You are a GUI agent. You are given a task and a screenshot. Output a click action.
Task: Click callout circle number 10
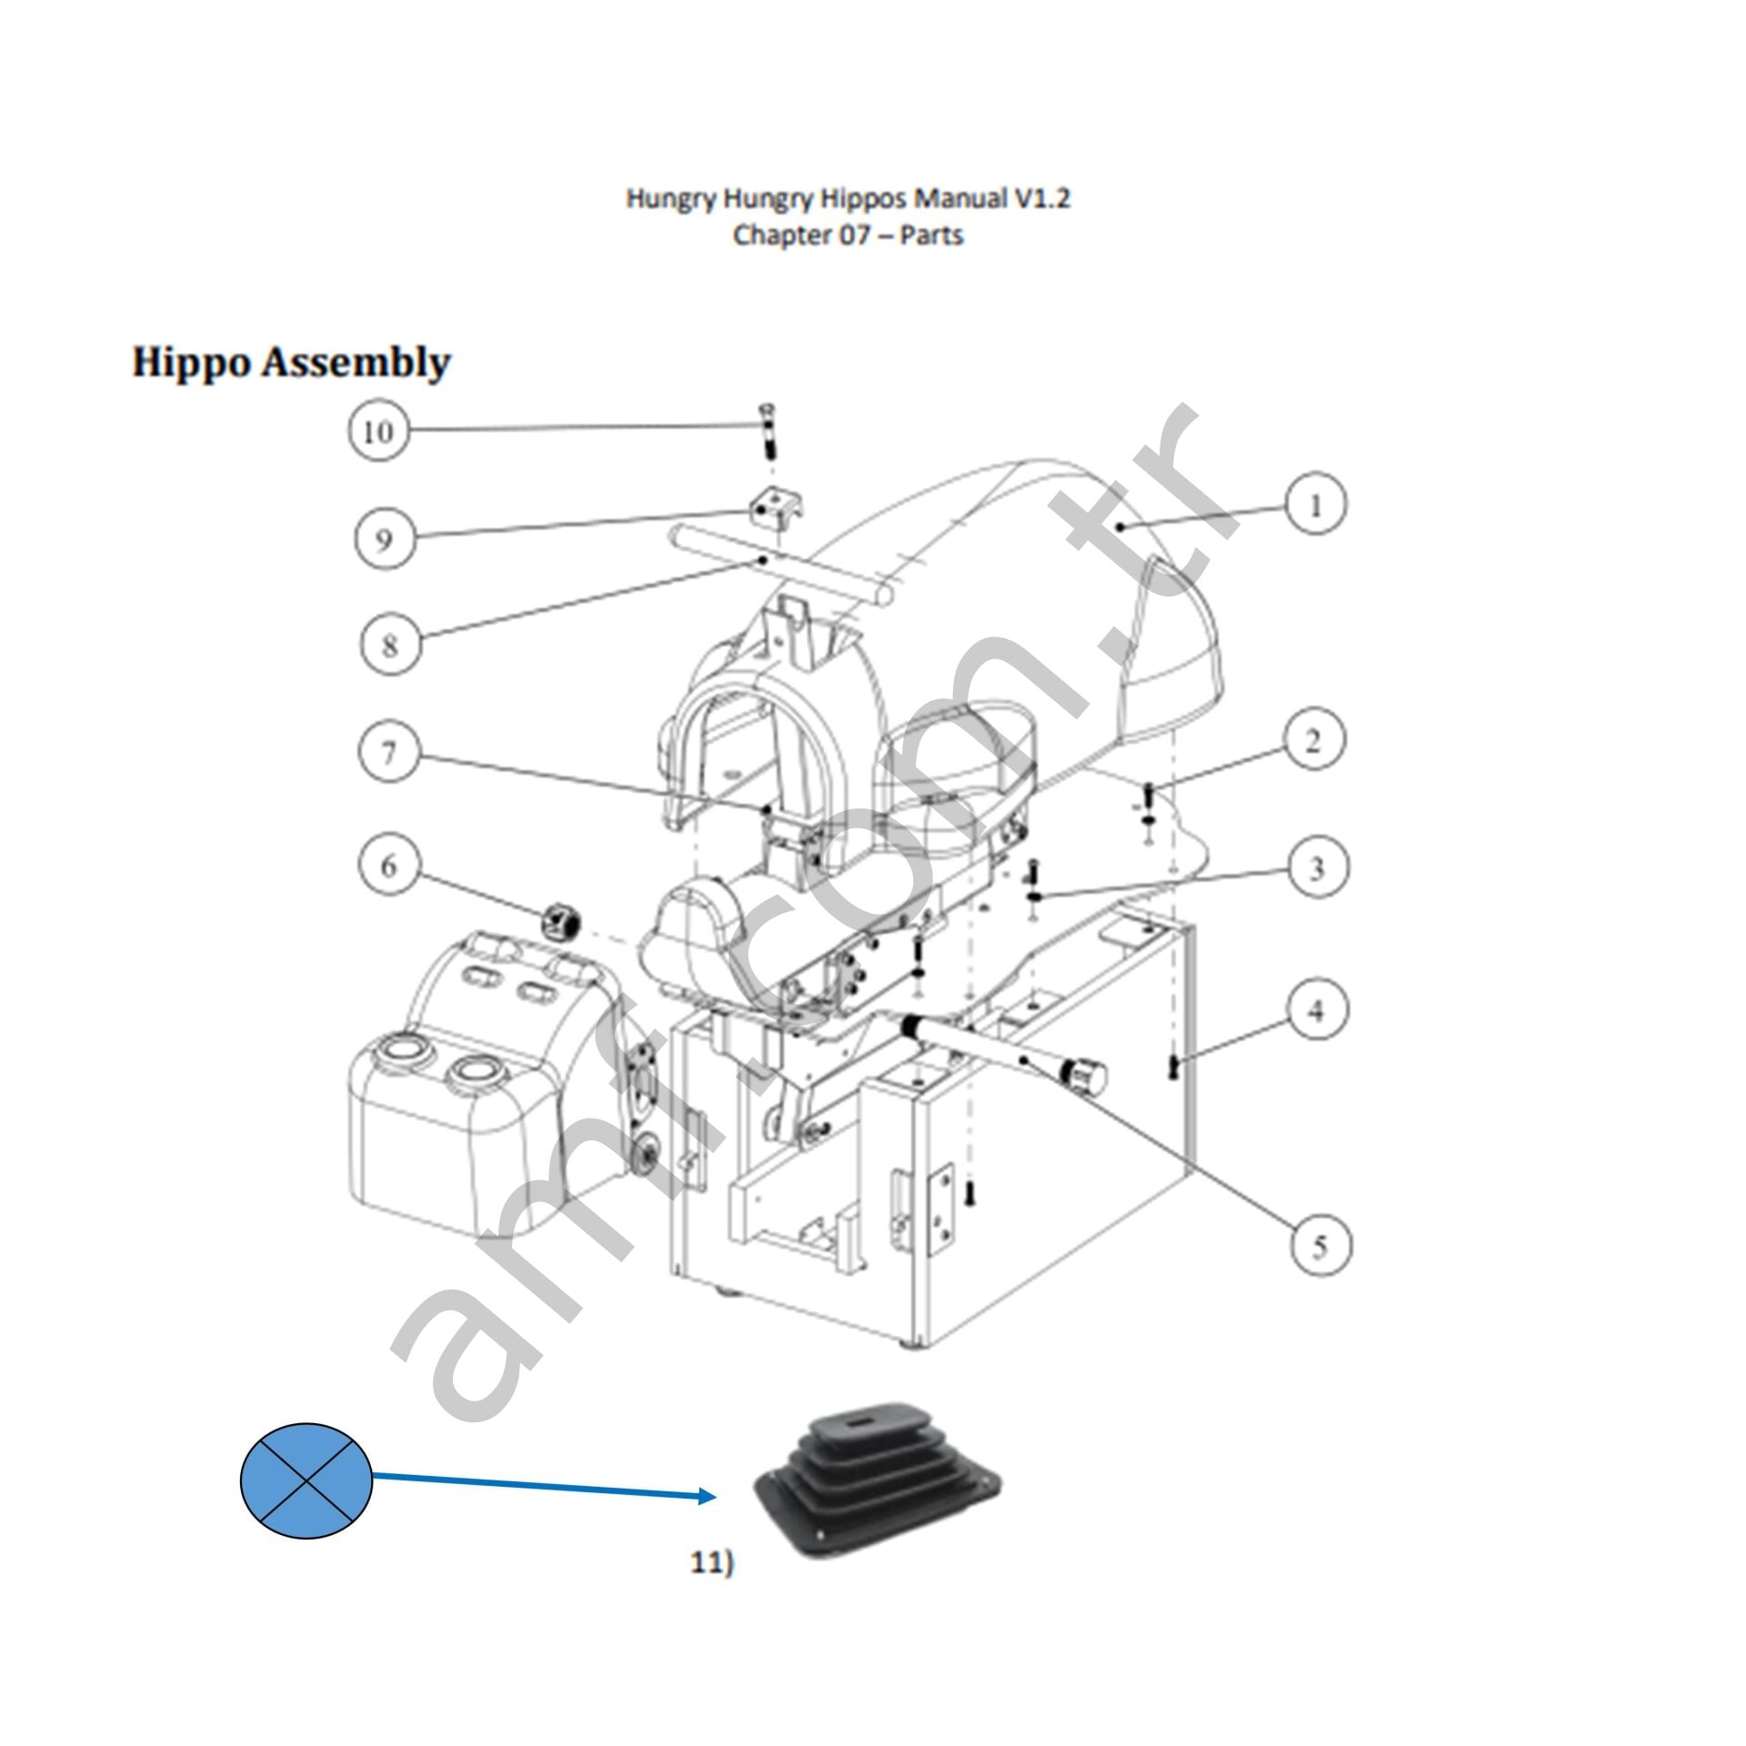tap(378, 430)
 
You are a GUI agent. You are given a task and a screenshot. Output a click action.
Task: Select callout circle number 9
tap(385, 538)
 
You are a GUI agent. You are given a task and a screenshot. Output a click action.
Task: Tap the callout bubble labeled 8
tap(390, 645)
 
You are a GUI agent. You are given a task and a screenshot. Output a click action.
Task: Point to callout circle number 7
tap(389, 752)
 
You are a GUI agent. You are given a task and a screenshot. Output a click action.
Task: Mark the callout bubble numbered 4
tap(1316, 1009)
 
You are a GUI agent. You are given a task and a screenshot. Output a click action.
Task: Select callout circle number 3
tap(1317, 868)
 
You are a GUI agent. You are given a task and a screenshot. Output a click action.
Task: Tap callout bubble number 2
tap(1313, 741)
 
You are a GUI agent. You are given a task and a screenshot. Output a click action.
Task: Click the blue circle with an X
tap(306, 1481)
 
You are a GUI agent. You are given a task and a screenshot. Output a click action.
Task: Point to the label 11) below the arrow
tap(711, 1562)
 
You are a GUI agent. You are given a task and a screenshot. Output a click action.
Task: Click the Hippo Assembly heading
tap(291, 362)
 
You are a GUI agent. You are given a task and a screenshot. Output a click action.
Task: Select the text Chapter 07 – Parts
tap(848, 235)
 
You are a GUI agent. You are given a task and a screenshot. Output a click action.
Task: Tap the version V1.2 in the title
tap(1042, 198)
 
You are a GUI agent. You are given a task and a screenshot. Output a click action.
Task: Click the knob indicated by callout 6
tap(562, 922)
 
